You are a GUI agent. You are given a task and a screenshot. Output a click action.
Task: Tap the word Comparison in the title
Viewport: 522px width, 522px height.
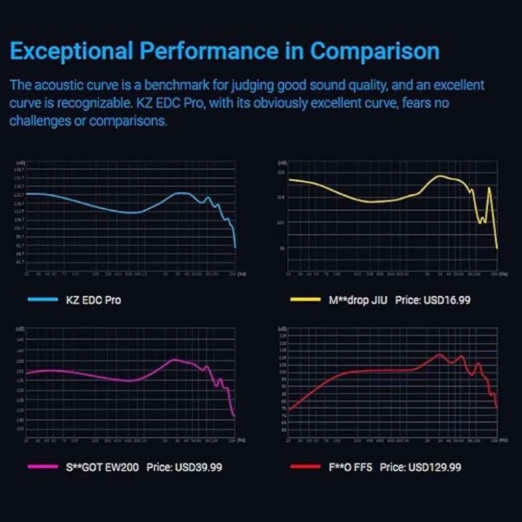374,51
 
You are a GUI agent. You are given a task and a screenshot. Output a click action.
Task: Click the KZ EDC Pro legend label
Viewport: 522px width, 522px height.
93,301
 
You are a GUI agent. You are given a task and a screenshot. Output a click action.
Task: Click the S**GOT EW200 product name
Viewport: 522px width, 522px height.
102,467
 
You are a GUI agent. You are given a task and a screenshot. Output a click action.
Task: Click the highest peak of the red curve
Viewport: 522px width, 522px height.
439,355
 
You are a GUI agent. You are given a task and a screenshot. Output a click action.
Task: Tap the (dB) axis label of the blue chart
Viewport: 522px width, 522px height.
21,162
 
